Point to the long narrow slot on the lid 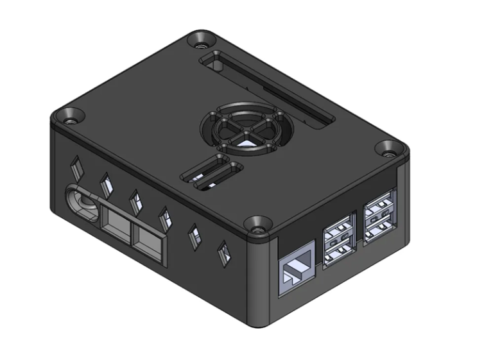pyautogui.click(x=270, y=90)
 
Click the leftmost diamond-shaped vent pyautogui.click(x=76, y=167)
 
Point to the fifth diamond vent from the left pyautogui.click(x=194, y=236)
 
